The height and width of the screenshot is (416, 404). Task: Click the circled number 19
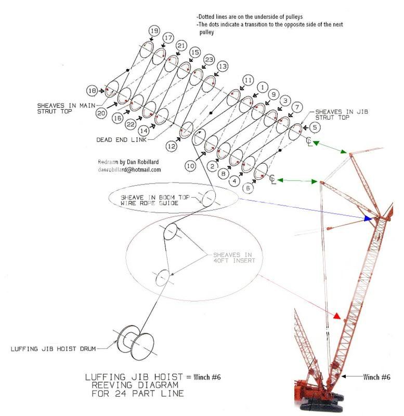(x=154, y=31)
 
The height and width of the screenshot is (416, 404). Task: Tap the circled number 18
(x=92, y=90)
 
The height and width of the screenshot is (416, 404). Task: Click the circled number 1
(x=263, y=87)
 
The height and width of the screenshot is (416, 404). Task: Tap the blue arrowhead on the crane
(x=369, y=219)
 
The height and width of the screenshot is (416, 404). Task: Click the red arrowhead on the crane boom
(x=337, y=316)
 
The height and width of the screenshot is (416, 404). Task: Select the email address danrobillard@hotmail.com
(x=129, y=170)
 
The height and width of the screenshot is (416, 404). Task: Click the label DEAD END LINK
(x=121, y=139)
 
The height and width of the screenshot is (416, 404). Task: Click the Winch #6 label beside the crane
(x=377, y=376)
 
